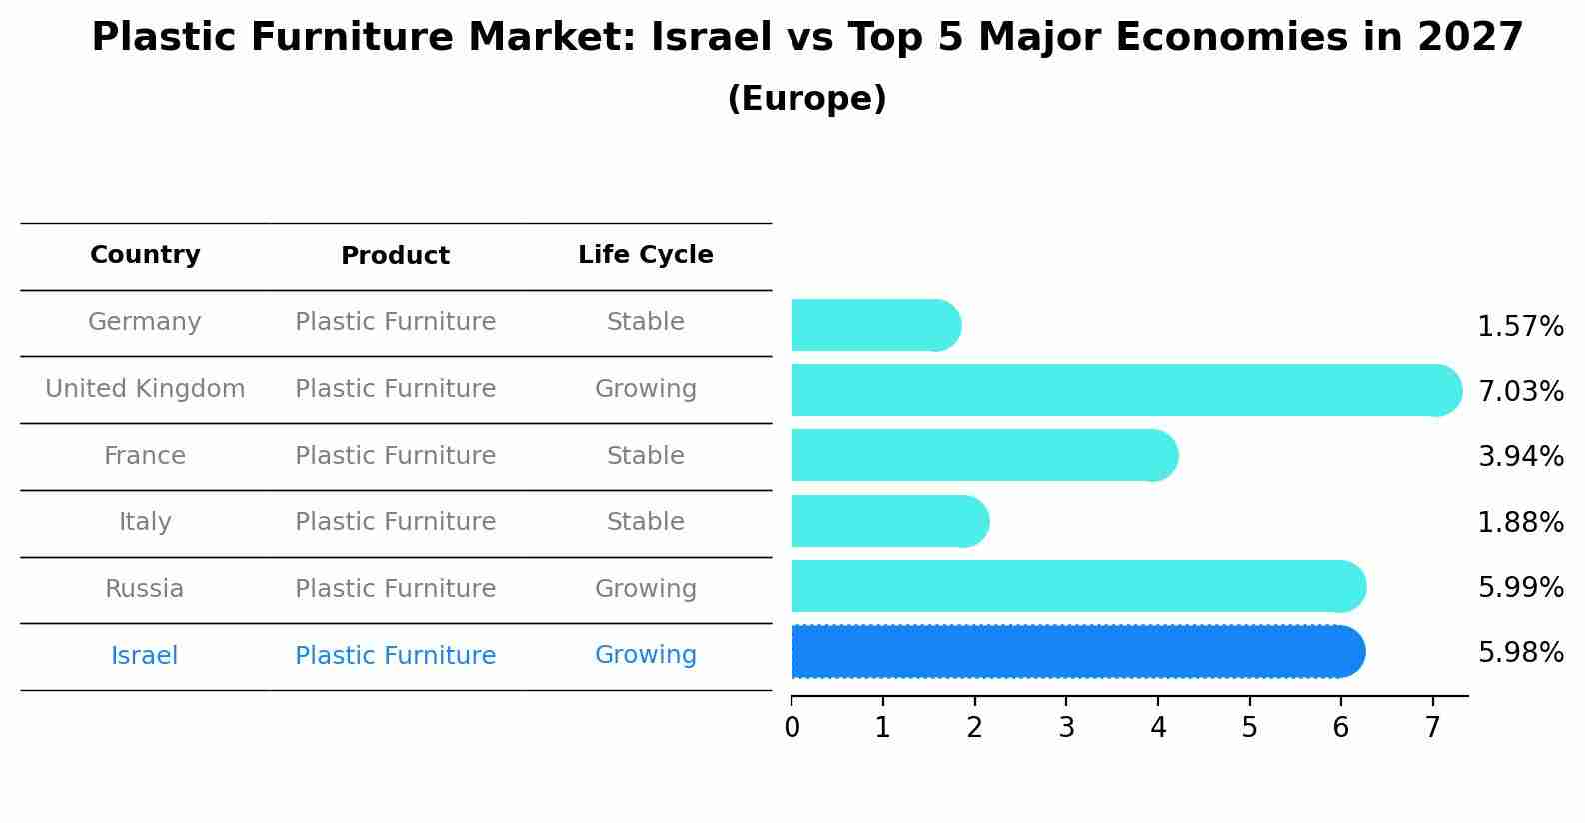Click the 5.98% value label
click(1520, 653)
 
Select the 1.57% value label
click(1520, 327)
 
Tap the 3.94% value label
click(1520, 457)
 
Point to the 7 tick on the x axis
click(1432, 728)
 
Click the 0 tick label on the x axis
click(792, 728)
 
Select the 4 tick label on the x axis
click(1158, 728)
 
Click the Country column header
click(145, 255)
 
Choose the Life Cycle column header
click(646, 255)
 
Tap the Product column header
click(395, 256)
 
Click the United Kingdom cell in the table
click(145, 389)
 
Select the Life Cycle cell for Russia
click(646, 589)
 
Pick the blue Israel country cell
click(145, 656)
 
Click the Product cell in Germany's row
click(395, 322)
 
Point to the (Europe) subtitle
click(806, 99)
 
